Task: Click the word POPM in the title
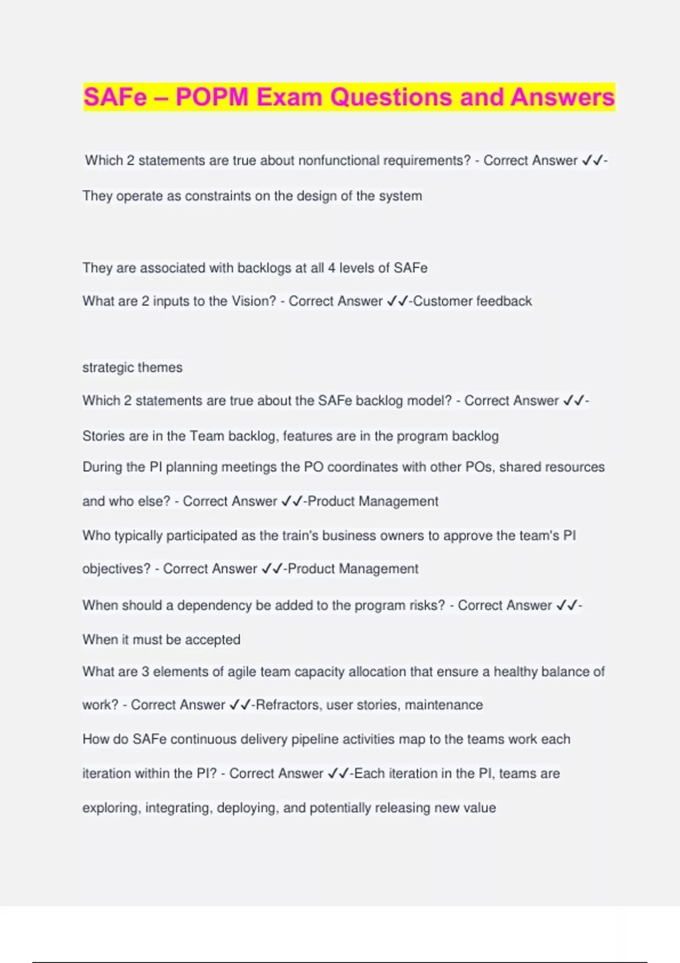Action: [x=212, y=97]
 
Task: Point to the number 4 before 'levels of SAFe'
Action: [x=331, y=268]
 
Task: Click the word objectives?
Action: [x=116, y=569]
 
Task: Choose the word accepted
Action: [x=212, y=640]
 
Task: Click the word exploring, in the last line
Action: [x=111, y=808]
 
